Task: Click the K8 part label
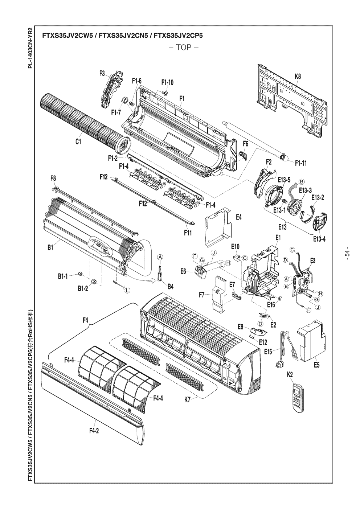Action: click(x=298, y=77)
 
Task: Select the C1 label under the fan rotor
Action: click(x=78, y=142)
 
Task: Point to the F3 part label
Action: click(x=102, y=73)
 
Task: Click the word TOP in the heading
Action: click(x=184, y=48)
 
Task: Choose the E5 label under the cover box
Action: click(x=316, y=365)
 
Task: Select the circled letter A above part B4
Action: click(x=160, y=257)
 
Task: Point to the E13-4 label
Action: click(x=319, y=239)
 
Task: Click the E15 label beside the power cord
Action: click(x=268, y=352)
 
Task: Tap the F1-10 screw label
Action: click(x=168, y=82)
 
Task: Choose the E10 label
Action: click(x=235, y=246)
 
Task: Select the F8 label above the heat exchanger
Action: click(x=53, y=178)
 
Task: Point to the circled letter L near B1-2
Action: click(x=127, y=290)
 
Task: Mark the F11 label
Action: click(x=188, y=233)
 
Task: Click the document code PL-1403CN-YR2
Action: click(x=31, y=48)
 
